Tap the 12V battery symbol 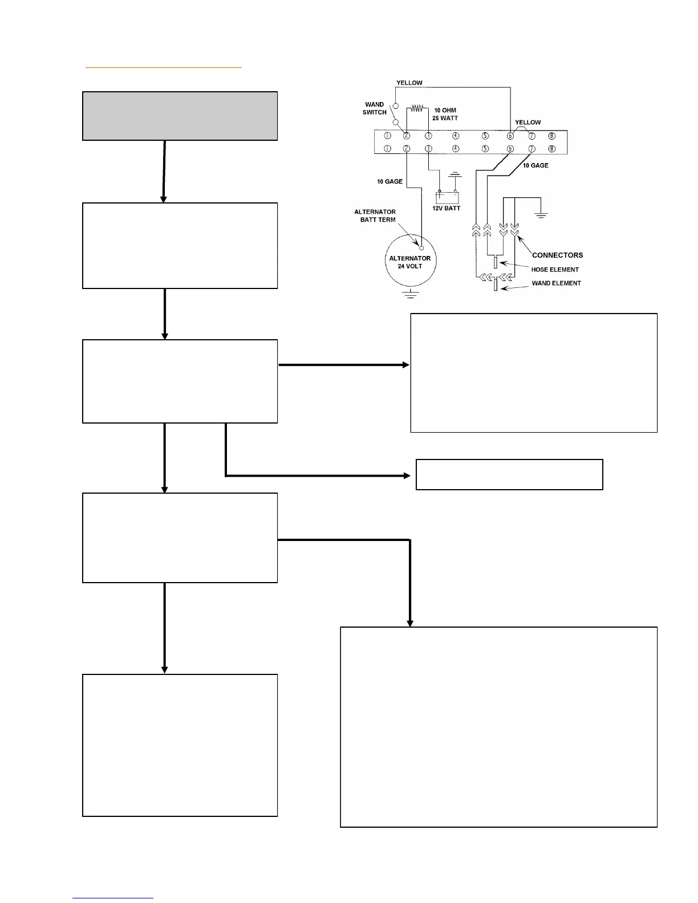(x=447, y=197)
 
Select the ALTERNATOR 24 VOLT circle (x=411, y=263)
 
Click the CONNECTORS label (x=557, y=255)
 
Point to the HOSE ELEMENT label (x=555, y=270)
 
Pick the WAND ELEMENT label (x=556, y=283)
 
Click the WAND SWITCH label (x=374, y=108)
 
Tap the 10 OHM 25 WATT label (x=445, y=114)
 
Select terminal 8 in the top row (x=551, y=136)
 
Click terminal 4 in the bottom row (x=456, y=149)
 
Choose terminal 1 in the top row (x=387, y=136)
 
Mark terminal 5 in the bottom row (x=485, y=149)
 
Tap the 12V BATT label (x=446, y=208)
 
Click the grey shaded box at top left (x=180, y=116)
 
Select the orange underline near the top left (x=164, y=67)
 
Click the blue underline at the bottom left (x=113, y=898)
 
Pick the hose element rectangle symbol (x=496, y=263)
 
